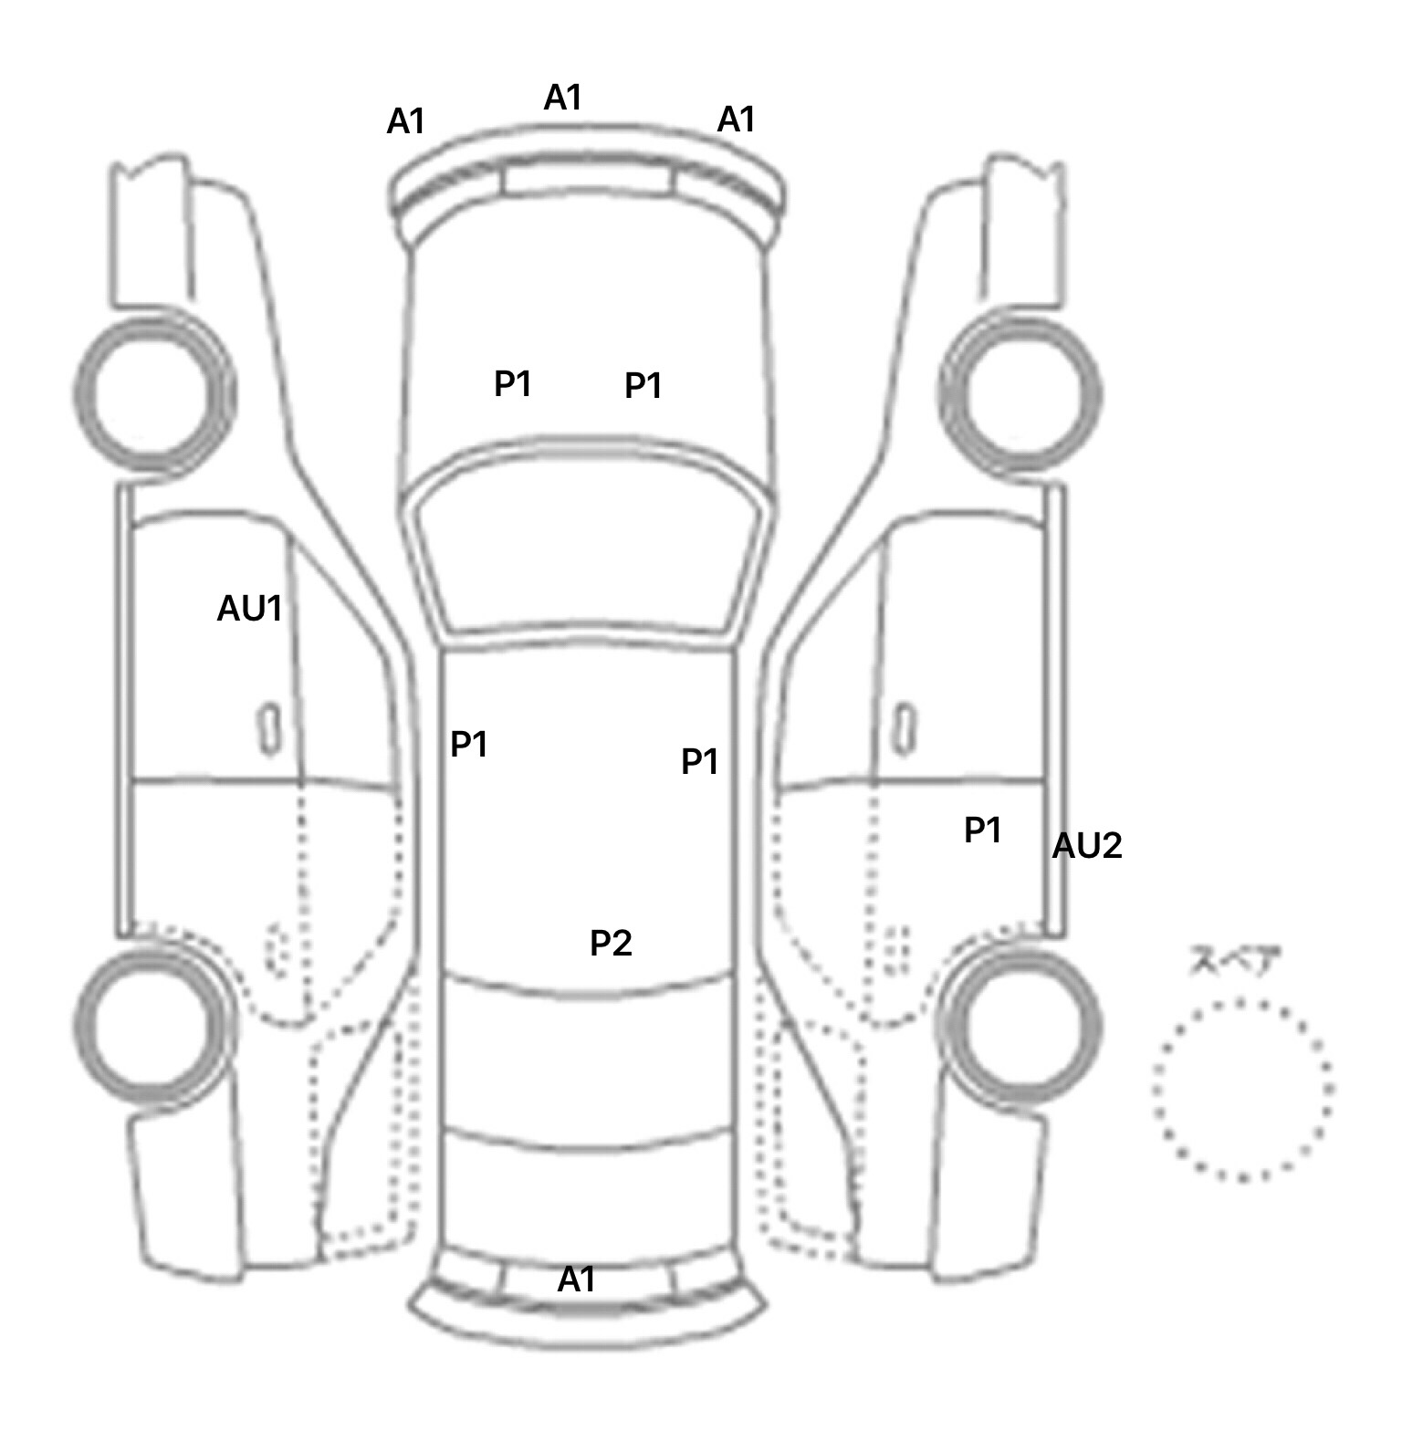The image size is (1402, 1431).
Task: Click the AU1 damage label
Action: (x=249, y=609)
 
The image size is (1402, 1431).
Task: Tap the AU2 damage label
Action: (x=1086, y=846)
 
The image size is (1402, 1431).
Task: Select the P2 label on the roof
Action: (x=611, y=943)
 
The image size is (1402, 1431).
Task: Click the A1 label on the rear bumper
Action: (x=576, y=1280)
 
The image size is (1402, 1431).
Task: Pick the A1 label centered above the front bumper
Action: (x=562, y=98)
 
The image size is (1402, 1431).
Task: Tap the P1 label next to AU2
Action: (x=983, y=830)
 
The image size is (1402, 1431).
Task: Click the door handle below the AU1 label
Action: (x=269, y=728)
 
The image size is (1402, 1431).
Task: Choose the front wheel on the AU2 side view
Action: (x=1020, y=393)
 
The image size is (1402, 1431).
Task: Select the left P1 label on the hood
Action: (x=512, y=384)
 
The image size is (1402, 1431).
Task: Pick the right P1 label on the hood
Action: (x=643, y=386)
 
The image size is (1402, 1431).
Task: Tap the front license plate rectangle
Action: (x=590, y=181)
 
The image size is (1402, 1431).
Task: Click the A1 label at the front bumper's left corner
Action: (x=405, y=121)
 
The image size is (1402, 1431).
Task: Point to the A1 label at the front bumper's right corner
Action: (x=736, y=120)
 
